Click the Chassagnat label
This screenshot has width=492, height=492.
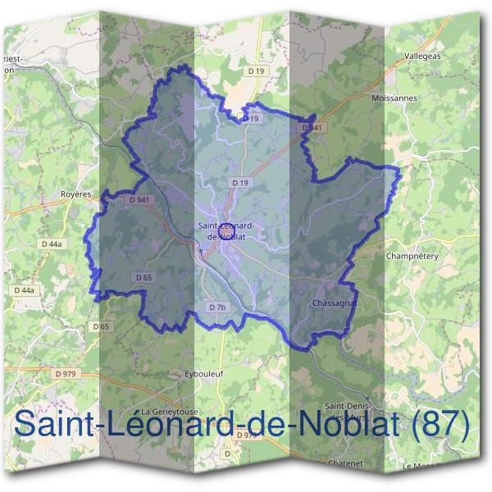click(333, 303)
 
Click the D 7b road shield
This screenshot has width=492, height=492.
click(216, 307)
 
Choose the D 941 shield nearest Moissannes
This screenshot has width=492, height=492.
click(311, 128)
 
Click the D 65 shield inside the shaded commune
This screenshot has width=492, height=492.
click(142, 278)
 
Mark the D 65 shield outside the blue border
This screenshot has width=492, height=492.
click(101, 326)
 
